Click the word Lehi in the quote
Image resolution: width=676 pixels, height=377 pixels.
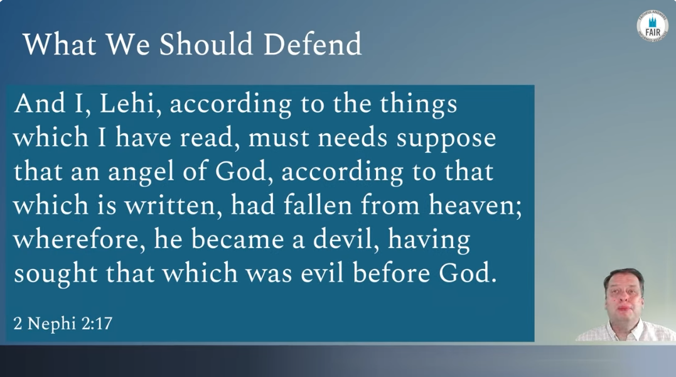(127, 104)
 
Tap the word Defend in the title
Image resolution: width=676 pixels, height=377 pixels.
(312, 44)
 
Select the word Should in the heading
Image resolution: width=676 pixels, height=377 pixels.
(206, 44)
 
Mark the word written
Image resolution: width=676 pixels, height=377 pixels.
(170, 205)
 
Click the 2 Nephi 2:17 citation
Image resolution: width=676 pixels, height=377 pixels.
(63, 323)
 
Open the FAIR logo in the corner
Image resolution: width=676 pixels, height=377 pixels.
(652, 26)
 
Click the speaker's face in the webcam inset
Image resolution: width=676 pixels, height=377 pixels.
(623, 298)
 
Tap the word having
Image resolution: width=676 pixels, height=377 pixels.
(429, 240)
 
